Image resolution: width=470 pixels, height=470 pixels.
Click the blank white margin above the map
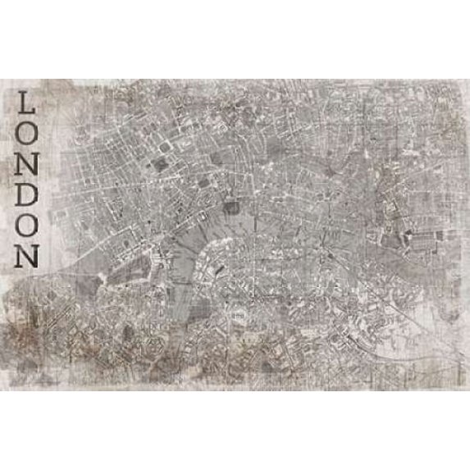(x=235, y=41)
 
